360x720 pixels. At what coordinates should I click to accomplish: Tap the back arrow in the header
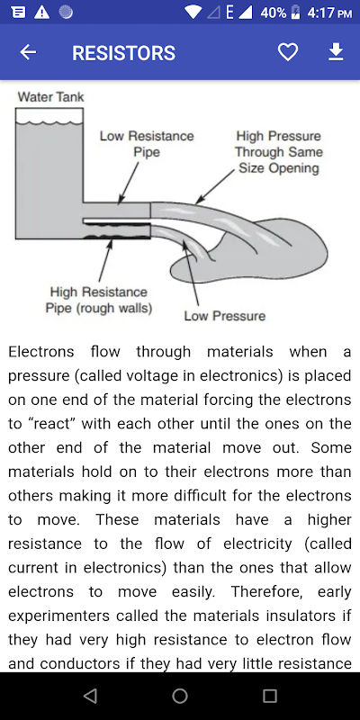click(28, 52)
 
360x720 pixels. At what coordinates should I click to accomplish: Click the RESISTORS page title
click(123, 53)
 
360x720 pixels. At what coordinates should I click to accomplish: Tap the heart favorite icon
click(288, 52)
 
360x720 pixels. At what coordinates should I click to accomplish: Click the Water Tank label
click(50, 97)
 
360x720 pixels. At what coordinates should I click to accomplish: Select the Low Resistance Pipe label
click(147, 144)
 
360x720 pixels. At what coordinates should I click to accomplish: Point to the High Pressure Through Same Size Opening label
click(279, 152)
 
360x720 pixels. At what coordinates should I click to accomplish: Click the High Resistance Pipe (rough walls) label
click(99, 300)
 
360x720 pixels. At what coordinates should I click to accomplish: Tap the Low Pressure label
click(224, 316)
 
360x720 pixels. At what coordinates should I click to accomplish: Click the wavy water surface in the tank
click(49, 123)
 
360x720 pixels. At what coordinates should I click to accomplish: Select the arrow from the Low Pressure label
click(191, 273)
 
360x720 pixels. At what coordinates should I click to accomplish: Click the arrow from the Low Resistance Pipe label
click(129, 183)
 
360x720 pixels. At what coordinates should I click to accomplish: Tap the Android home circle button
click(180, 696)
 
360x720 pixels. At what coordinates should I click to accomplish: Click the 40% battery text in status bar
click(274, 13)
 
